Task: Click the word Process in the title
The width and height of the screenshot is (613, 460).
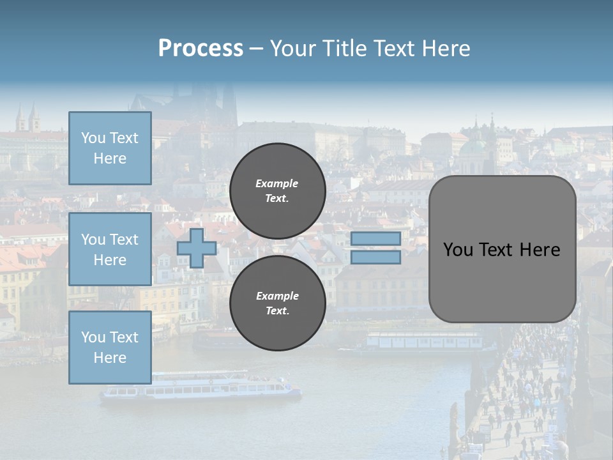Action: coord(201,49)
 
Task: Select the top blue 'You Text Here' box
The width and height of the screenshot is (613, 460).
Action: coord(110,148)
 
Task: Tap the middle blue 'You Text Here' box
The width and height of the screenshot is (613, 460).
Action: coord(110,249)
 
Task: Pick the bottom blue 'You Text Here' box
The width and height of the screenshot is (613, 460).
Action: coord(110,348)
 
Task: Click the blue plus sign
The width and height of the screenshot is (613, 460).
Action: coord(197,248)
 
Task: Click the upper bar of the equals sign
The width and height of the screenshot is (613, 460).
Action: coord(375,238)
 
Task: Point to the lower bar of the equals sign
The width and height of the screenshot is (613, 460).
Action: coord(375,257)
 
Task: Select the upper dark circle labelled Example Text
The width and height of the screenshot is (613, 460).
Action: coord(278,190)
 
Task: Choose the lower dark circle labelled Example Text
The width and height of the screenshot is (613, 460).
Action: coord(278,303)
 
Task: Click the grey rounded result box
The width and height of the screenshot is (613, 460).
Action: coord(502,249)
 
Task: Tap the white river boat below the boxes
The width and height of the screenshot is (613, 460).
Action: coord(201,388)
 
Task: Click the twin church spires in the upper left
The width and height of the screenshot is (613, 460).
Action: coord(28,119)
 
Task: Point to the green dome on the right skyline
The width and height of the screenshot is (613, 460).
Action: coord(473,148)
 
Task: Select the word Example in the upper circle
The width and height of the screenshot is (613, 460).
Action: coord(277,183)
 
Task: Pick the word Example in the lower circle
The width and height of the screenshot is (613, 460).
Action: coord(277,296)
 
